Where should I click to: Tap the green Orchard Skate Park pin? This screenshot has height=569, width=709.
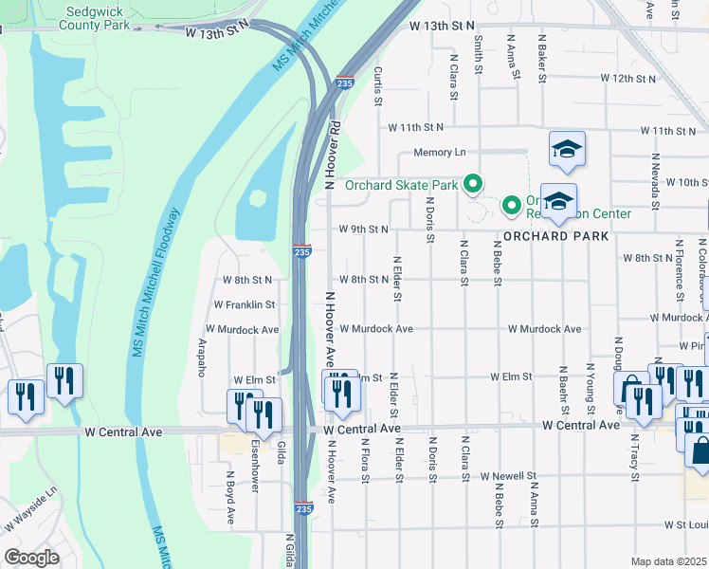point(472,184)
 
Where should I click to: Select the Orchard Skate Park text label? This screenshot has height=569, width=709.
point(400,185)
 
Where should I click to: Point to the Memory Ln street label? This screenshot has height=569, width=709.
point(439,152)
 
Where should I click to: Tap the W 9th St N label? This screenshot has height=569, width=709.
point(364,229)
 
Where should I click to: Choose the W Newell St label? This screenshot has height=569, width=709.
point(508,475)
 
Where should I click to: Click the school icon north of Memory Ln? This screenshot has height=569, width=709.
point(567,150)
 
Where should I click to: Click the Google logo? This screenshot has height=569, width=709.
point(31,558)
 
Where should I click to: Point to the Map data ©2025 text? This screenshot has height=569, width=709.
point(669,561)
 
